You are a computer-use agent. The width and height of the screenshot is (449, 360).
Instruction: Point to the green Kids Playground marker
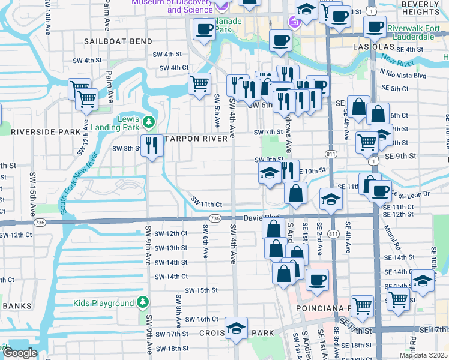click(143, 302)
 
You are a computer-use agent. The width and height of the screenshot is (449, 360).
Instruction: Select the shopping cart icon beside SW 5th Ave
click(199, 83)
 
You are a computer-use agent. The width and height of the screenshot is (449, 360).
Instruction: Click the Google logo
click(19, 353)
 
